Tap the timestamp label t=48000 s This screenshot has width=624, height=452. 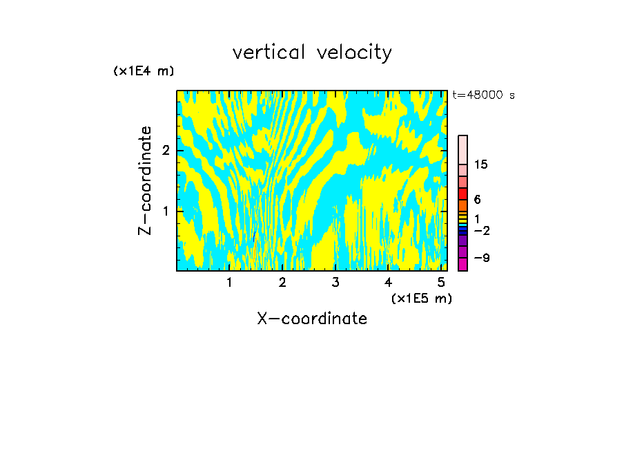click(x=483, y=95)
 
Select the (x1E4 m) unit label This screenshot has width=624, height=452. click(x=144, y=71)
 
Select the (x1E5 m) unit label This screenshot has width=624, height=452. click(x=421, y=298)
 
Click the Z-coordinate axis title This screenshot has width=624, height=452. click(x=145, y=180)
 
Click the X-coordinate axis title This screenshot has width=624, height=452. click(x=312, y=319)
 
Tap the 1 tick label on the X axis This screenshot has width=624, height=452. click(x=230, y=283)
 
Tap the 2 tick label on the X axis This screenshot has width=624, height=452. click(x=282, y=283)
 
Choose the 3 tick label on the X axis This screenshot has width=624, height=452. click(x=335, y=283)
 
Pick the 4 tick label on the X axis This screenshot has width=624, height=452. click(x=388, y=283)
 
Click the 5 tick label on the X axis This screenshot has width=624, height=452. click(x=441, y=283)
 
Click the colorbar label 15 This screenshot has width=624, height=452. click(x=481, y=164)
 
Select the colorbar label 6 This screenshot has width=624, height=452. click(x=478, y=200)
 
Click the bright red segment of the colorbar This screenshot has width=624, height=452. click(x=462, y=194)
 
